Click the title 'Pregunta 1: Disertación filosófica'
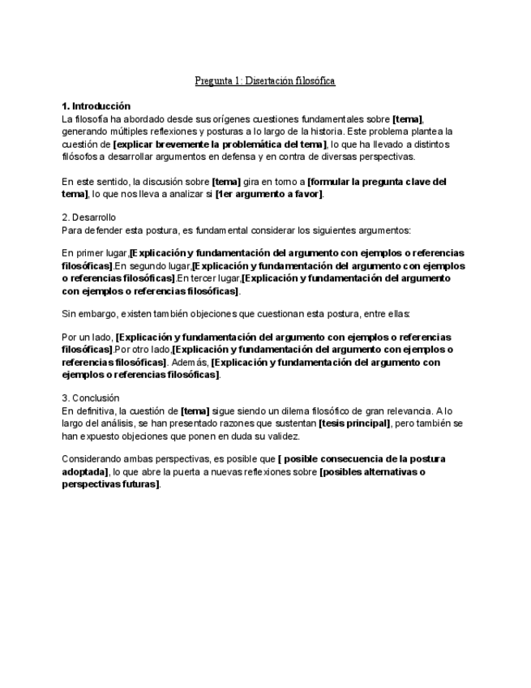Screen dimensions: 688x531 [265, 81]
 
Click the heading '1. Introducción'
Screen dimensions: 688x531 [96, 106]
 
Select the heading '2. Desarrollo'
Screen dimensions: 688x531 [89, 217]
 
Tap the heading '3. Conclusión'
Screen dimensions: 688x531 [91, 398]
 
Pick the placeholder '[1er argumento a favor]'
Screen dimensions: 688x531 [269, 194]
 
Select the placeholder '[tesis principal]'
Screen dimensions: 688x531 [354, 424]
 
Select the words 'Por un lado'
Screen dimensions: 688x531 [88, 337]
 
